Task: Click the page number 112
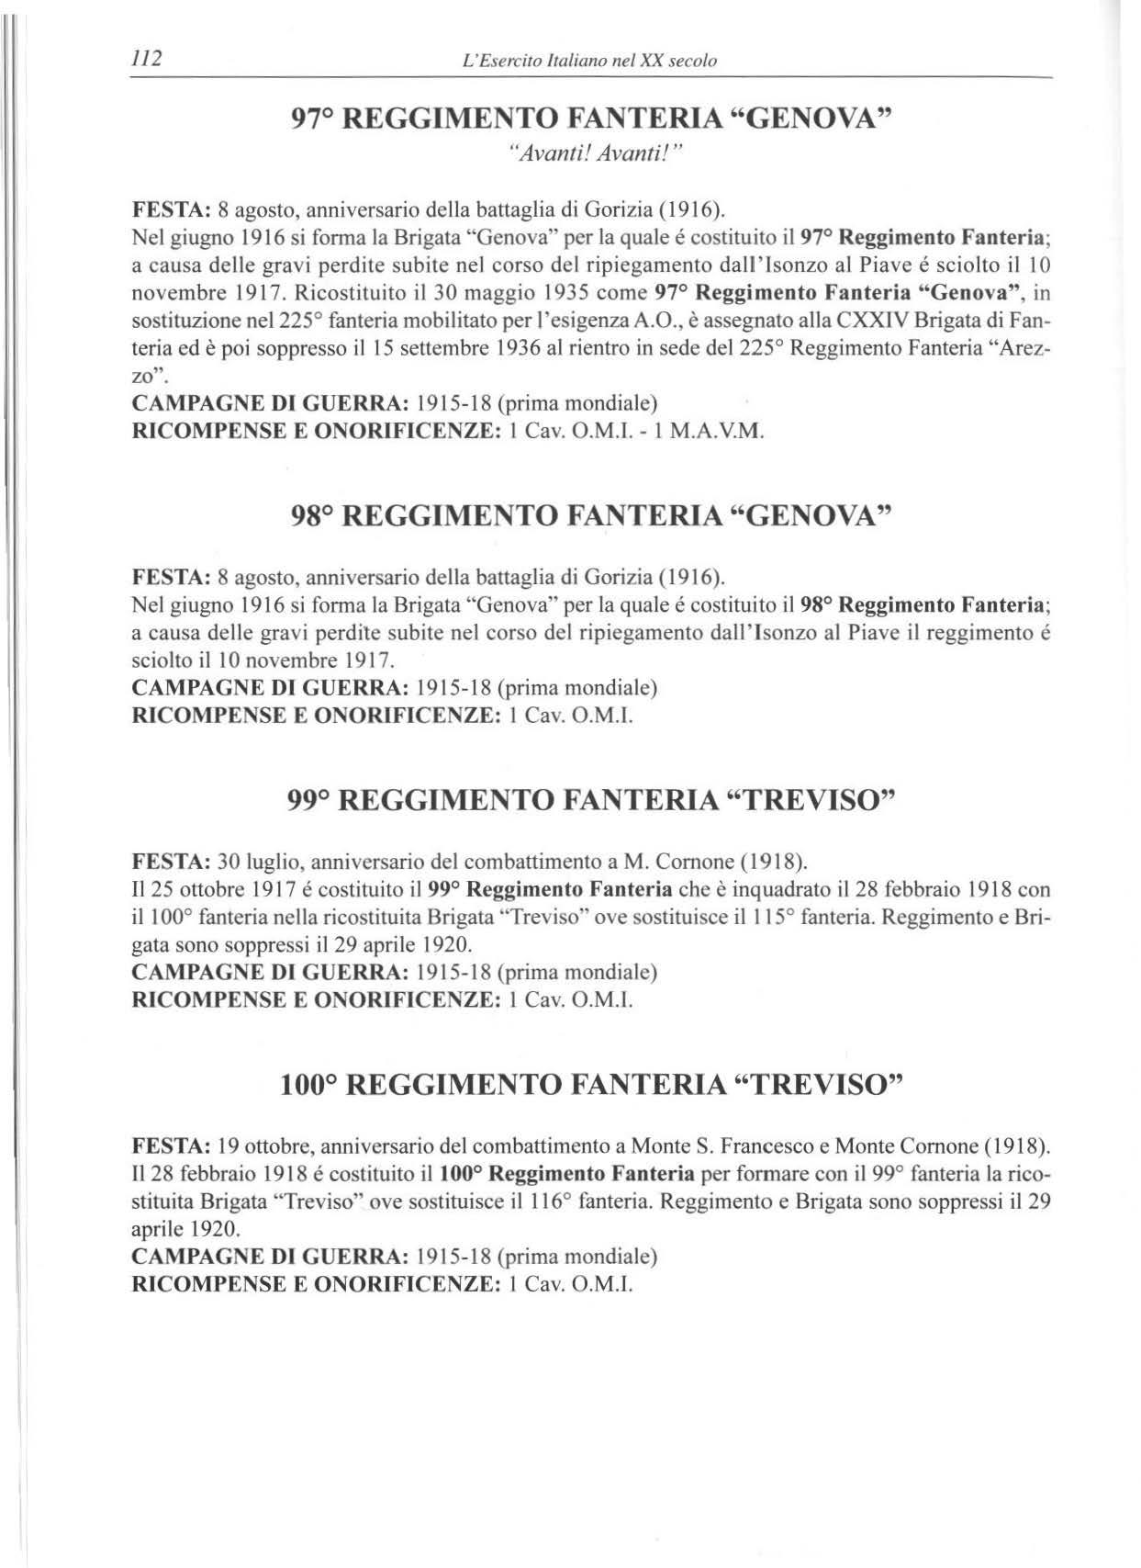coord(147,59)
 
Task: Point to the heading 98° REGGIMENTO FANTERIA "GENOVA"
coord(591,516)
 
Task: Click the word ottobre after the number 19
coord(279,1146)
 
